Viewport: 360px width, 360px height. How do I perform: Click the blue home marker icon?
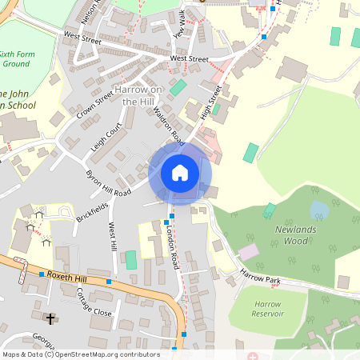pos(180,173)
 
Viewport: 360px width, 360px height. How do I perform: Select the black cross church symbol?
pos(50,319)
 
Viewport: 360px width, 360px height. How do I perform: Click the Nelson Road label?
pos(90,13)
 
